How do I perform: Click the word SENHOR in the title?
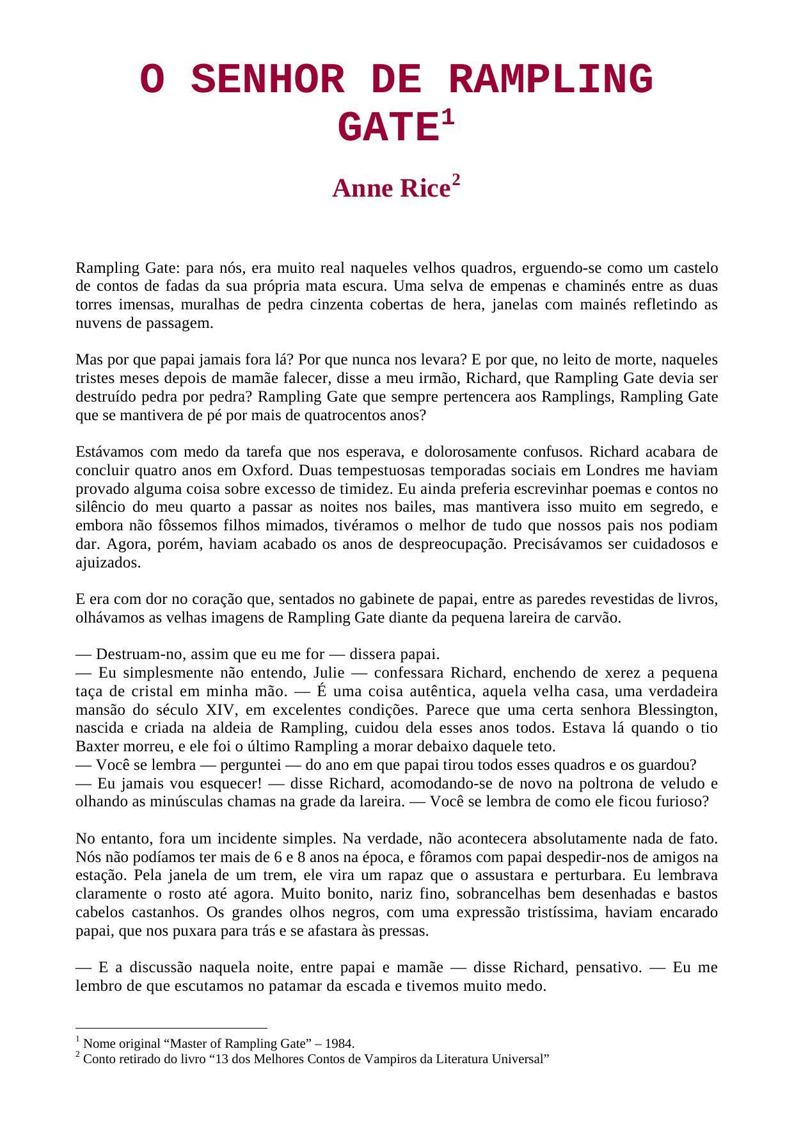tap(268, 81)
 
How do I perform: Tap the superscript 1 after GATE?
tap(447, 118)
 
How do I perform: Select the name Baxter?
tap(97, 747)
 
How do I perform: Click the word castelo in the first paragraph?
tap(694, 268)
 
